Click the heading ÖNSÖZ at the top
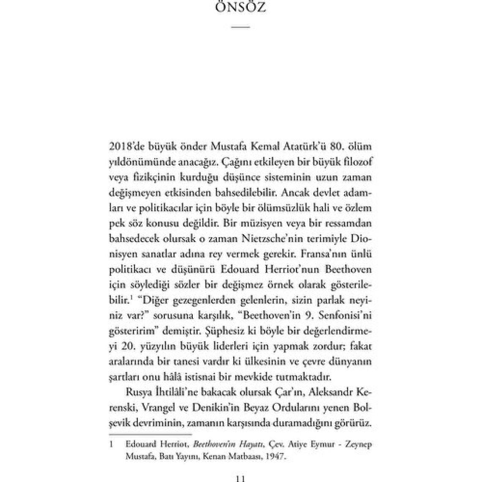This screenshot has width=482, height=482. [241, 8]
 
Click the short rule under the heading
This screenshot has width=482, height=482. [241, 27]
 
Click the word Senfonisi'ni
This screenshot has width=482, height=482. [349, 315]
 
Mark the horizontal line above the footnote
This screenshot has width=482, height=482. [150, 434]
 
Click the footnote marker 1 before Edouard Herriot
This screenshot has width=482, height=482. [112, 445]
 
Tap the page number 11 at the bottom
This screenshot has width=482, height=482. [240, 478]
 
